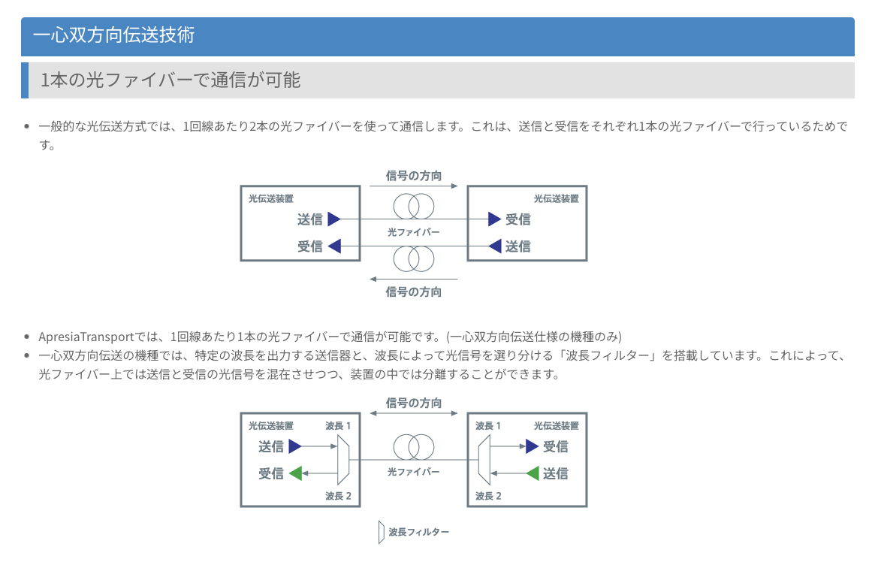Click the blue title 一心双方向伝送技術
tap(114, 35)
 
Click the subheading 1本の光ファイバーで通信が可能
tap(170, 80)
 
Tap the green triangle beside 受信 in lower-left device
tap(296, 473)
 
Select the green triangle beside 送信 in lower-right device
tap(533, 473)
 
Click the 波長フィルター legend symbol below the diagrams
tap(381, 532)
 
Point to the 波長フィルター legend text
tap(418, 532)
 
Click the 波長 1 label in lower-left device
tap(338, 426)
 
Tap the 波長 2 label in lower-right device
tap(488, 496)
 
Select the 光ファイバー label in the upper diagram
tap(414, 232)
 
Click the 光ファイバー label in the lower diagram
tap(414, 472)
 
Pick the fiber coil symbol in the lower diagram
tap(414, 447)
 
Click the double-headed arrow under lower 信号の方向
tap(414, 413)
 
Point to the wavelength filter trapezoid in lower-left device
tap(344, 460)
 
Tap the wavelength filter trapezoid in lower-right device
tap(484, 460)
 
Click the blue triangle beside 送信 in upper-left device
tap(334, 219)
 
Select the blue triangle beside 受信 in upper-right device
tap(494, 219)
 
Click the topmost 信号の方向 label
tap(414, 176)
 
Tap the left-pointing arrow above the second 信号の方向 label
tap(414, 279)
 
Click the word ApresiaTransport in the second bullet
tap(86, 337)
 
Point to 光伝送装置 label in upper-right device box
tap(557, 199)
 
